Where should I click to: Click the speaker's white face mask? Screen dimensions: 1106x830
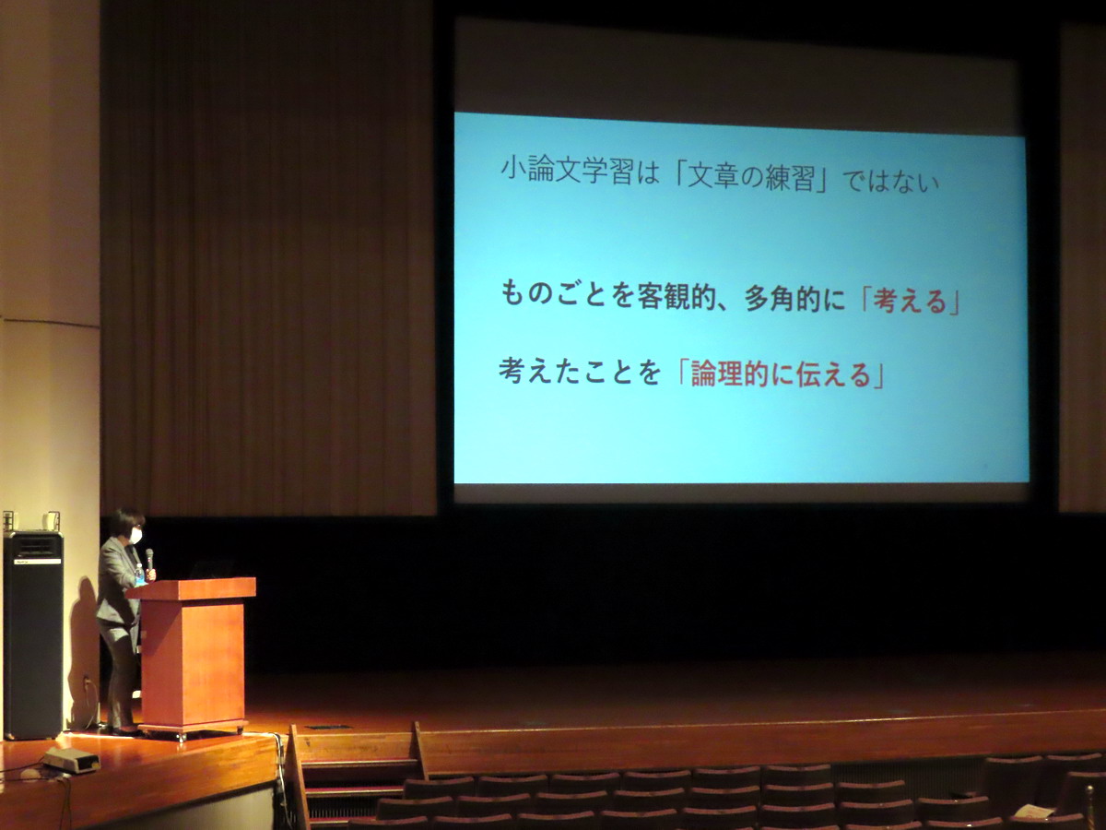click(x=135, y=535)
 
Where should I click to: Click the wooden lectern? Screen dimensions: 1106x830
click(x=193, y=656)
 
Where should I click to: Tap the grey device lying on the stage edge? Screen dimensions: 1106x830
click(x=71, y=761)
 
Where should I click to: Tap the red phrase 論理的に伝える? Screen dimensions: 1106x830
click(x=781, y=375)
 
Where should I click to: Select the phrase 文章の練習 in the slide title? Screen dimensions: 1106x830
click(x=750, y=177)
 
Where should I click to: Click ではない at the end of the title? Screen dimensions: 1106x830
click(x=891, y=182)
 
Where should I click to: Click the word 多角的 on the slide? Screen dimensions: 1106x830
click(x=785, y=299)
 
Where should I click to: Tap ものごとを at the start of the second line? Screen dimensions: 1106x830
click(x=566, y=294)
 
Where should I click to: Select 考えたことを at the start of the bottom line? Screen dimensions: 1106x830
click(x=580, y=371)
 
